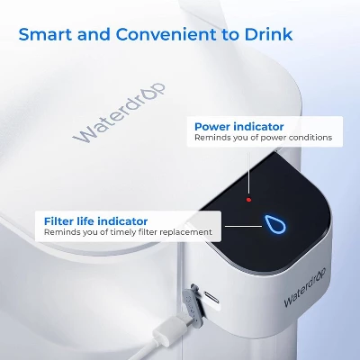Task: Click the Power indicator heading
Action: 238,126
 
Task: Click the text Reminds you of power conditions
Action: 263,138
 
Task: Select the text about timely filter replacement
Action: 128,232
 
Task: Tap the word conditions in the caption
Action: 309,138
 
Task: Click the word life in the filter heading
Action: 84,220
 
